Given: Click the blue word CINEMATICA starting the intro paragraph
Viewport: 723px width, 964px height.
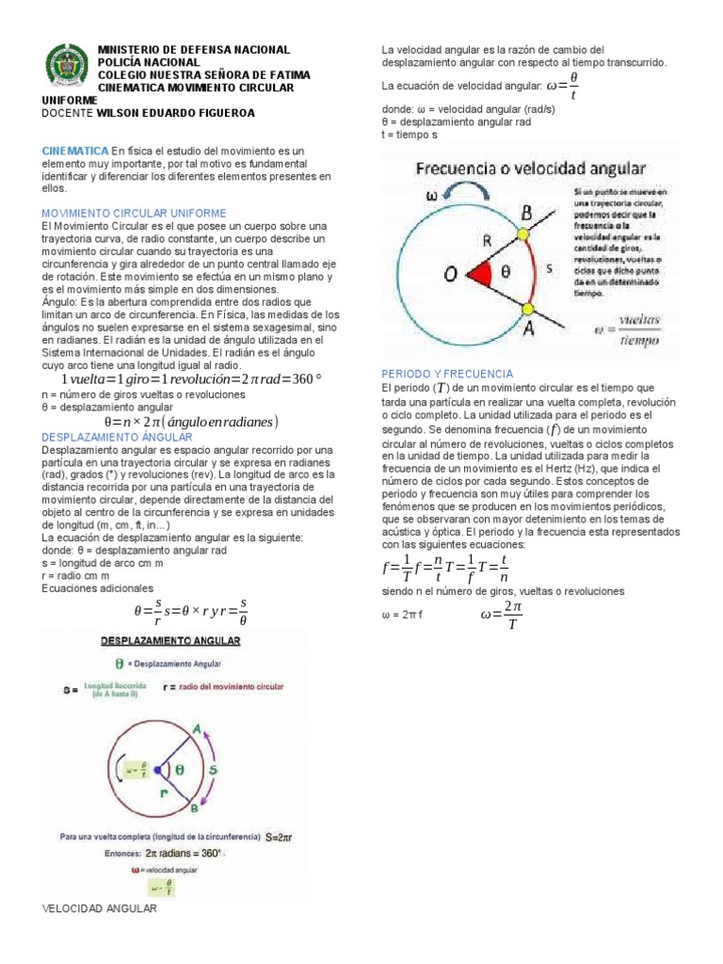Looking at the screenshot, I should click(75, 151).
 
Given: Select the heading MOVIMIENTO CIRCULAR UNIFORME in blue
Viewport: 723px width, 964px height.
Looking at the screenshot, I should click(135, 214).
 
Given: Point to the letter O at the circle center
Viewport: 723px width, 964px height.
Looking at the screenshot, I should click(452, 274).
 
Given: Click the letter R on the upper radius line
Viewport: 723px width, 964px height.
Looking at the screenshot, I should click(486, 241).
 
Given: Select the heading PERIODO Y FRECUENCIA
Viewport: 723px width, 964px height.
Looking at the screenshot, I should click(447, 374).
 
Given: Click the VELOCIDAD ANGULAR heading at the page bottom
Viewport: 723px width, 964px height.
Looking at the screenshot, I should click(100, 909).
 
